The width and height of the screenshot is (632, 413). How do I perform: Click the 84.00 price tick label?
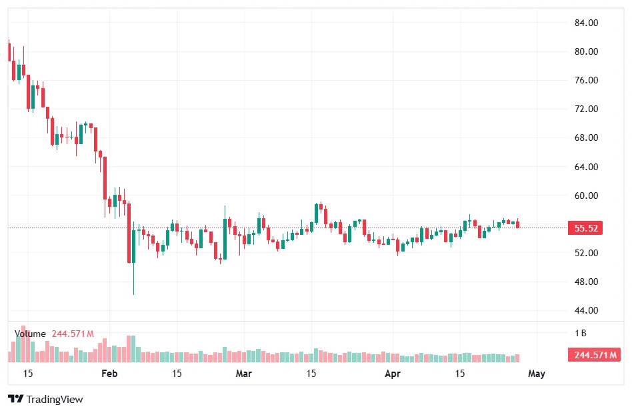[586, 23]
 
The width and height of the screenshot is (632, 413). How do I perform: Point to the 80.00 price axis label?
[586, 51]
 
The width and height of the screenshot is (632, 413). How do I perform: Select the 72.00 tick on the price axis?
[586, 109]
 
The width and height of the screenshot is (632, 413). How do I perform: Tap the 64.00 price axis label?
[586, 167]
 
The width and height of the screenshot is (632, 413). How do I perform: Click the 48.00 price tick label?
[586, 282]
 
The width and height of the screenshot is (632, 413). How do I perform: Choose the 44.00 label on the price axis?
[586, 310]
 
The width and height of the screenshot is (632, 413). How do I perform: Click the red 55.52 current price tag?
[586, 228]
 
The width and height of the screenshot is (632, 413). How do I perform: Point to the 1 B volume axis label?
[581, 332]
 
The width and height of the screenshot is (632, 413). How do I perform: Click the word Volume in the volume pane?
[30, 334]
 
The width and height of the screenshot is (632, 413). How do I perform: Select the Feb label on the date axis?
[109, 374]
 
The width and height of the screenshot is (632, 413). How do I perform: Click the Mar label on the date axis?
[244, 374]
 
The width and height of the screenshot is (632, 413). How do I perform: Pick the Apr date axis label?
[393, 374]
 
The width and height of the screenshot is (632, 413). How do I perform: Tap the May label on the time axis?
[537, 374]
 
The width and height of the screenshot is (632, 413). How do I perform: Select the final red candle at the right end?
[517, 224]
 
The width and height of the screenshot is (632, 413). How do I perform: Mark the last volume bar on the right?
[517, 358]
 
